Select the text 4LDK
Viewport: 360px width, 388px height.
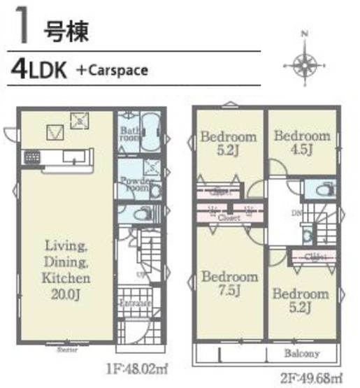pyautogui.click(x=38, y=70)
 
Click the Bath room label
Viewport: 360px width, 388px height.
pyautogui.click(x=129, y=134)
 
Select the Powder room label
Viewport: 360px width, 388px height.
pyautogui.click(x=133, y=184)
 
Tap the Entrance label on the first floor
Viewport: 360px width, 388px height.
pyautogui.click(x=134, y=304)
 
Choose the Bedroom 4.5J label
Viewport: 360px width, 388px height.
pyautogui.click(x=301, y=142)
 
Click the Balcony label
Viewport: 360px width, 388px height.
pyautogui.click(x=301, y=353)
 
